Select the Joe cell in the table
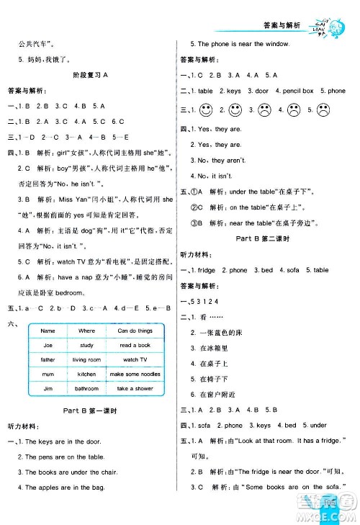point(48,345)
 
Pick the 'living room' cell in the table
point(86,359)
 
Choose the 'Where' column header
point(86,331)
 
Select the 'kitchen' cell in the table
point(86,374)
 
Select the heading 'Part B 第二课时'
point(264,237)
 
